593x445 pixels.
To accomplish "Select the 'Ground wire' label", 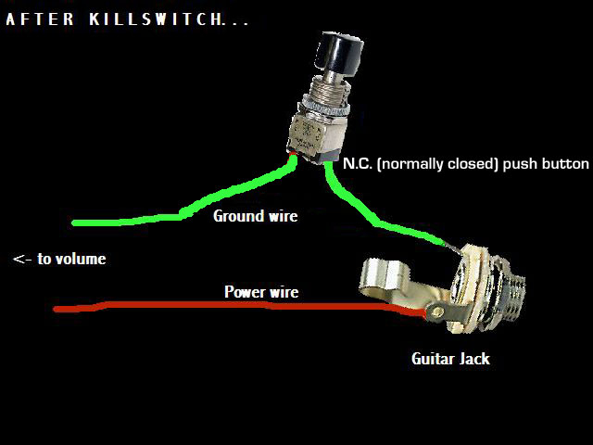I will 256,216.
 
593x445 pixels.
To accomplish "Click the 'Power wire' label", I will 261,292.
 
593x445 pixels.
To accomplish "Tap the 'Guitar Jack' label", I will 450,358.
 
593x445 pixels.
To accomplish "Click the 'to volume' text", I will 71,259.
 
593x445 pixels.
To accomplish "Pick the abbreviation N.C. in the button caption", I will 358,163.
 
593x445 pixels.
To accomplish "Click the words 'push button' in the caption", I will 552,163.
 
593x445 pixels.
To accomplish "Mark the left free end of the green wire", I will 74,222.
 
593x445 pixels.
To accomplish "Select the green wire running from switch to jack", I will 371,218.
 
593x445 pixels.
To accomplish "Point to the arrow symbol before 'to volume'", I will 22,260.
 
